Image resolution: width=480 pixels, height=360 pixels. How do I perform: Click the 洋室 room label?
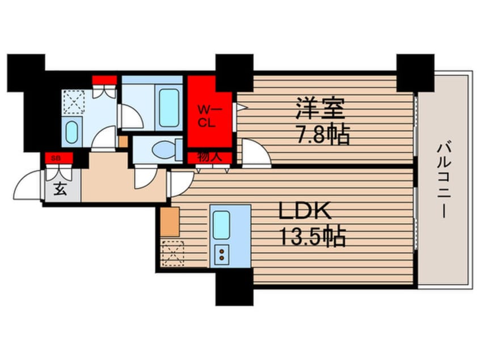320,108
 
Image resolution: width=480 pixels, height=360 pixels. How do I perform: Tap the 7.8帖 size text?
322,135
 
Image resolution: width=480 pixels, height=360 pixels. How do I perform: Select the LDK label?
305,211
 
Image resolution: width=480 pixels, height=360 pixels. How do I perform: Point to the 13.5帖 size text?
313,237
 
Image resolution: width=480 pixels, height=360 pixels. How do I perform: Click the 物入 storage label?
209,157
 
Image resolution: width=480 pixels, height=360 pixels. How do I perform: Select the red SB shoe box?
59,158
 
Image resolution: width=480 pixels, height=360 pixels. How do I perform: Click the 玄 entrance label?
60,189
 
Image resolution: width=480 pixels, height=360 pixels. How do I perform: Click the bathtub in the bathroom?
169,107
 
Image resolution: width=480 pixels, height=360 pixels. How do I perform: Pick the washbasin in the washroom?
71,132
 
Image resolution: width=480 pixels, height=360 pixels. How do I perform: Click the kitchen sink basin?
221,225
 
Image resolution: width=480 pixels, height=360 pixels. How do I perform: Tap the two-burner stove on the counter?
222,254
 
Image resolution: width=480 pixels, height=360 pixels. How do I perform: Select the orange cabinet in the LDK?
170,222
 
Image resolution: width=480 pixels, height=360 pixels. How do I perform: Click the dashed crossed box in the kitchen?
173,253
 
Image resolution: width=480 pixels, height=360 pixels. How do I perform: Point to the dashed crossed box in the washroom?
73,102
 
